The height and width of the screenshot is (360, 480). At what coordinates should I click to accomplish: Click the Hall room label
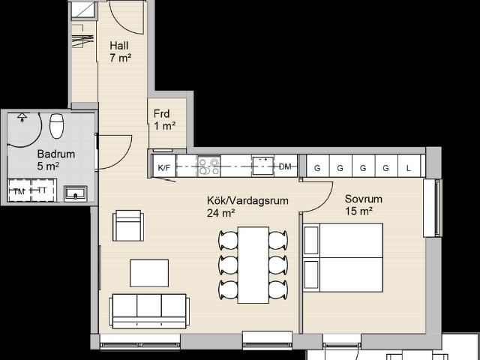pos(118,46)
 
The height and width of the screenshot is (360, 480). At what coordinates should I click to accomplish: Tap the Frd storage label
pos(161,114)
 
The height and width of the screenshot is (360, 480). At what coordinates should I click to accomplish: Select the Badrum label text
pos(56,154)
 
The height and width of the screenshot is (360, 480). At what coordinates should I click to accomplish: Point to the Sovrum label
pos(363,199)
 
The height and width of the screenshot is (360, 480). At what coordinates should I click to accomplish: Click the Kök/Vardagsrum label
pos(247,201)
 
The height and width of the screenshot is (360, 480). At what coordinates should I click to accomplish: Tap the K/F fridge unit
pos(164,166)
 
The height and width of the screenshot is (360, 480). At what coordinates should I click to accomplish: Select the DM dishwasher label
pos(285,166)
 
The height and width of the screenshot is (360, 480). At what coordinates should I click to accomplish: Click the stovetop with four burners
pos(209,166)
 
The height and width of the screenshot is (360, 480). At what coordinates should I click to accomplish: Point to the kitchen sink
pos(263,166)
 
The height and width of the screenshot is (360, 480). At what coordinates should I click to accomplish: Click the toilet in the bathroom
pos(57,126)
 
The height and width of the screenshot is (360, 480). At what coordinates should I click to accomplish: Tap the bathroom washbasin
pos(75,193)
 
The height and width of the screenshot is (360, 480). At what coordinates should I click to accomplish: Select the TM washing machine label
pos(19,192)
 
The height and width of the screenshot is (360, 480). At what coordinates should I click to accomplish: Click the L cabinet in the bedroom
pos(409,166)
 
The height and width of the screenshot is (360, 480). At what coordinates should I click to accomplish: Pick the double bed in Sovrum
pos(343,257)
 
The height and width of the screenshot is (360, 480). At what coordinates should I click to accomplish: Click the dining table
pos(253,265)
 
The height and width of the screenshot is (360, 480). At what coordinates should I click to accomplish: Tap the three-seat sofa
pos(149,311)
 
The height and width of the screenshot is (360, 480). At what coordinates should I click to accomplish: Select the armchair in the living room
pos(128,226)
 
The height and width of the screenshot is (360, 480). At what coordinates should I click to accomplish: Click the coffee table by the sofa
pos(149,273)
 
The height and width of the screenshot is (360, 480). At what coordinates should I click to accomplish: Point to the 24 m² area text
pos(220,213)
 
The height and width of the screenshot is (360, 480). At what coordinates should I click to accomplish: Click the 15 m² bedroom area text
pos(358,211)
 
